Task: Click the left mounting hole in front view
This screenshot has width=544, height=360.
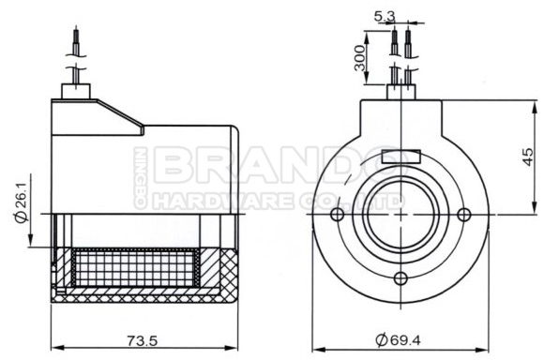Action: point(337,215)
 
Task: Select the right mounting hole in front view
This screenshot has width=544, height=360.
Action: point(466,215)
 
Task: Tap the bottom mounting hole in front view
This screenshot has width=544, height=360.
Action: point(401,278)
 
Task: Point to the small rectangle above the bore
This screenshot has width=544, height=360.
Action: point(401,156)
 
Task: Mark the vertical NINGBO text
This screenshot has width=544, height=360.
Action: point(140,177)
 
